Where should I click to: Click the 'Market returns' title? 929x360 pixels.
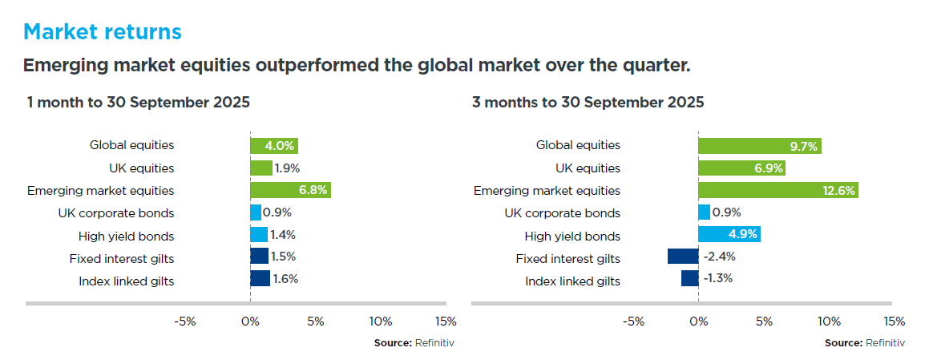(x=103, y=32)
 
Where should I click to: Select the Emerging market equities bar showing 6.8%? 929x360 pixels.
(x=290, y=191)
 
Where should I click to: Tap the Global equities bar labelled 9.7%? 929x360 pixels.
(x=759, y=146)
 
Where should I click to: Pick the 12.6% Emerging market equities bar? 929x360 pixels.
(x=778, y=191)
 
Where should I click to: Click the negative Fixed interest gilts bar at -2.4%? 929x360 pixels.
(x=683, y=257)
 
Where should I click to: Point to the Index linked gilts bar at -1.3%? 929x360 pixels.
(x=690, y=278)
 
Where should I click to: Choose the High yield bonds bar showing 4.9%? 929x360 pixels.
(x=729, y=235)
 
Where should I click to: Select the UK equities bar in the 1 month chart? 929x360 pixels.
(x=261, y=168)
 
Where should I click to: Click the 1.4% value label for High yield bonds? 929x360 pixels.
(x=284, y=235)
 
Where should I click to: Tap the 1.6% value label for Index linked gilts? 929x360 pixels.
(x=285, y=279)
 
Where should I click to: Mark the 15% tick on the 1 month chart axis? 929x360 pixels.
(x=445, y=322)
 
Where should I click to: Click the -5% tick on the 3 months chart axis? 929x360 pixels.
(x=633, y=322)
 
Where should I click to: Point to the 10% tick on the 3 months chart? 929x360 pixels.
(x=829, y=322)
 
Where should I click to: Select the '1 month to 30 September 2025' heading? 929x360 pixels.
(x=138, y=103)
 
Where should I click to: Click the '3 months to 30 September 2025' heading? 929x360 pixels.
(x=588, y=103)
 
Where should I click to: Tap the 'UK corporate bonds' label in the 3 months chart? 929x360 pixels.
(x=562, y=213)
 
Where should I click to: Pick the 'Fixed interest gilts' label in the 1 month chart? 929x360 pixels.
(x=122, y=258)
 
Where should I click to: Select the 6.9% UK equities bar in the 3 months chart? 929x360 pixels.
(x=741, y=168)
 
